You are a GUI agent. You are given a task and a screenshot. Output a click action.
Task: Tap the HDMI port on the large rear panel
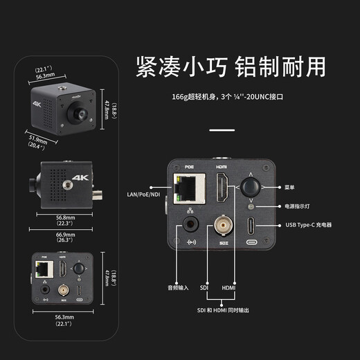(221, 189)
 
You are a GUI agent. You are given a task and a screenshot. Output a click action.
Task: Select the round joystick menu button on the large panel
(250, 187)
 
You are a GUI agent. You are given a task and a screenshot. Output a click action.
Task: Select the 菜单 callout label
(291, 187)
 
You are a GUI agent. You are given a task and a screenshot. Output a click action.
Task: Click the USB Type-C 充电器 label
(309, 225)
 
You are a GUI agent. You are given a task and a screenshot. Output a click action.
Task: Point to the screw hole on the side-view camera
(70, 184)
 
